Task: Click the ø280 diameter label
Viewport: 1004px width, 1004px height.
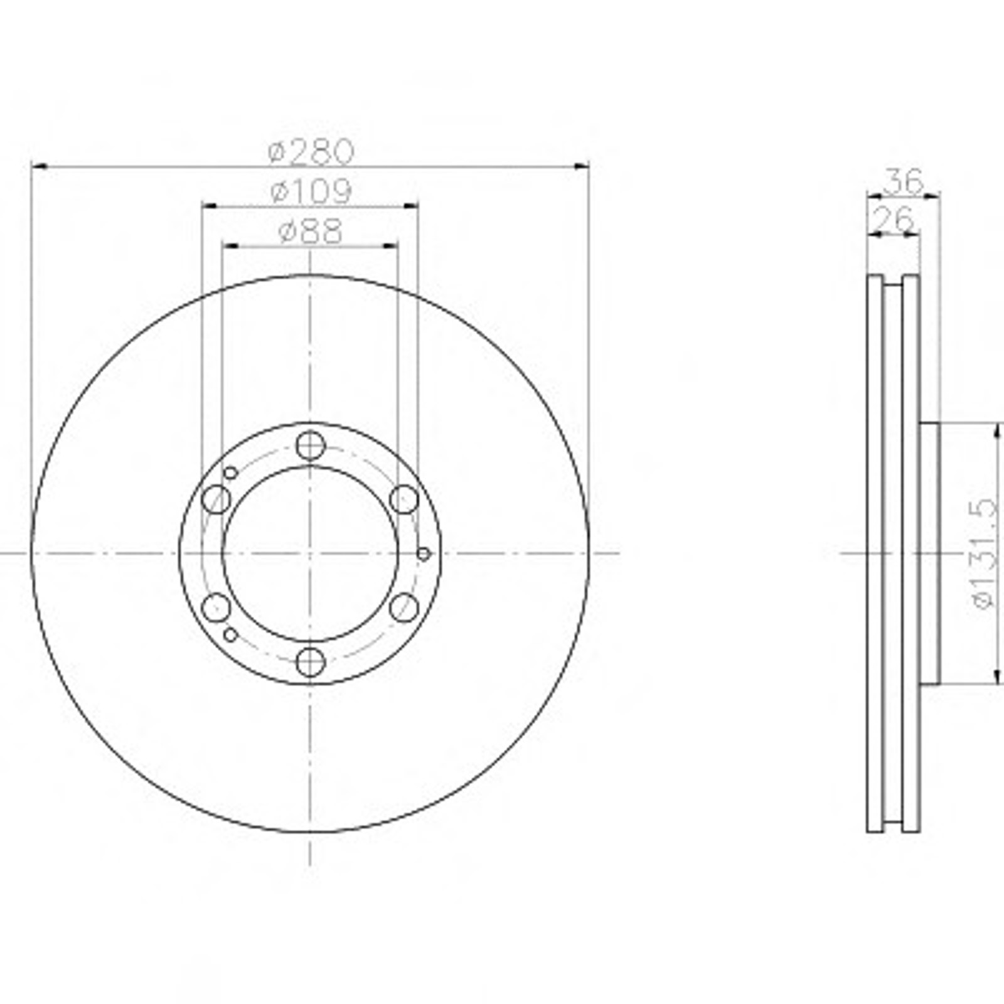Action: pos(311,151)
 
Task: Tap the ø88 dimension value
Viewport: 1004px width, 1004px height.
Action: pos(311,231)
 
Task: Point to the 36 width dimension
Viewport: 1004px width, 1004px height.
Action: pos(904,182)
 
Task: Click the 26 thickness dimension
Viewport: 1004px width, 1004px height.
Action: pos(894,220)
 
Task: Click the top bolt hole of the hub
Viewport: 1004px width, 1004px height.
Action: pos(311,446)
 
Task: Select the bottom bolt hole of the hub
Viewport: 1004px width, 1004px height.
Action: pos(311,662)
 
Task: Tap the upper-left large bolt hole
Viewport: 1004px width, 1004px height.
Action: pos(216,499)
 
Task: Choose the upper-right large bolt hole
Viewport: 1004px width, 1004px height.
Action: pos(404,499)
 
